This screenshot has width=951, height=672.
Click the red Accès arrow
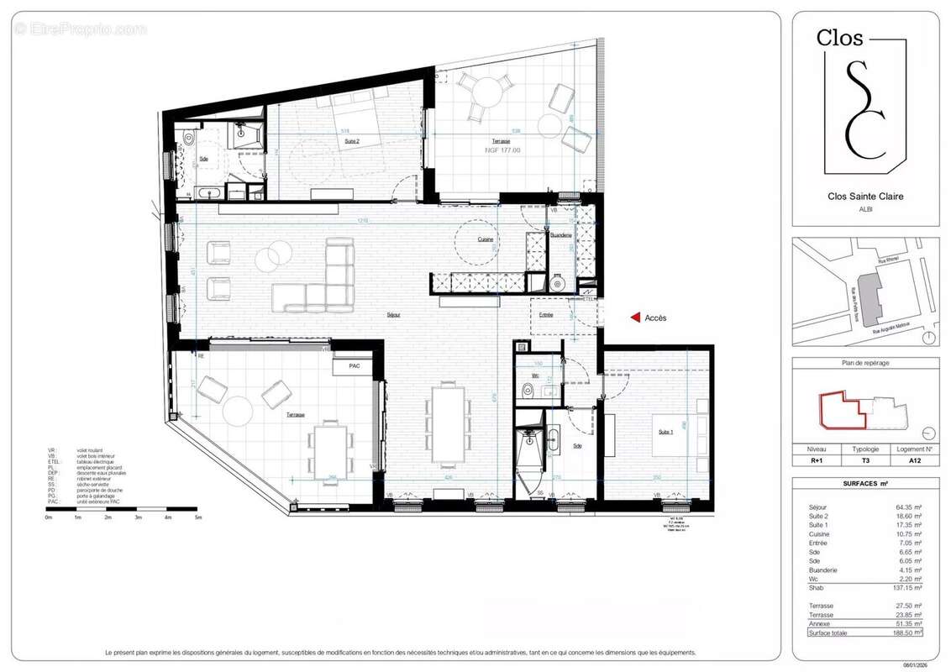[636, 318]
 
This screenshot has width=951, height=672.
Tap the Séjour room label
[393, 315]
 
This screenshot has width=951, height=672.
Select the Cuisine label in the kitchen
[486, 239]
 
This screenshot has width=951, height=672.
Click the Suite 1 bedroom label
[665, 432]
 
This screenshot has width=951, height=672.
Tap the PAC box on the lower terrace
[353, 367]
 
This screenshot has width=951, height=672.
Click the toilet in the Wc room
[527, 390]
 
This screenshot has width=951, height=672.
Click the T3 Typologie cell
[865, 461]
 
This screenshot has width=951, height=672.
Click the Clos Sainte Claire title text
[865, 197]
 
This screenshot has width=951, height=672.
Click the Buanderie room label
[561, 235]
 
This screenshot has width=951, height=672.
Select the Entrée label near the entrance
[546, 314]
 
